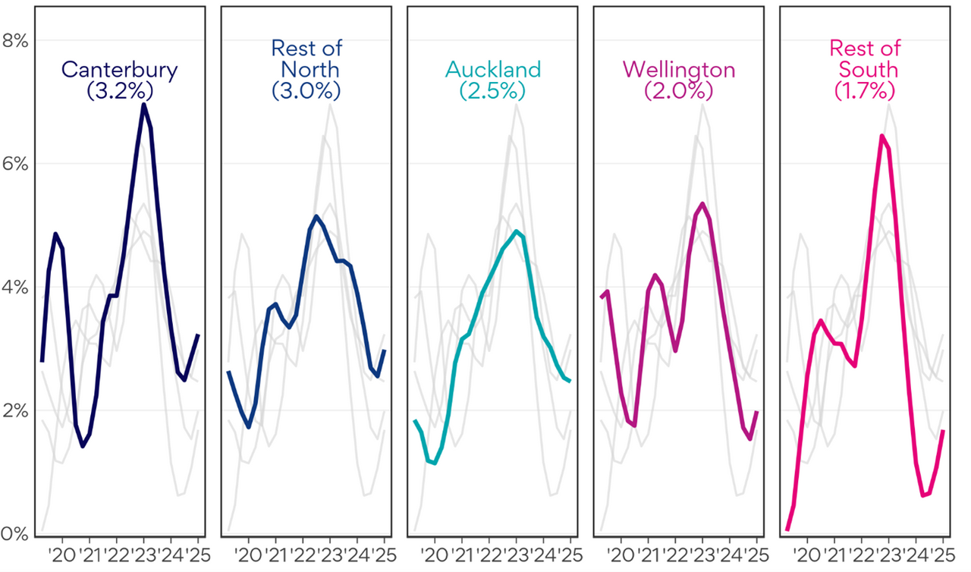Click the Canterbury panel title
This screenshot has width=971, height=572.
[x=120, y=70]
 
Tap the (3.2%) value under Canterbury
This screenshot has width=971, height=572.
[x=120, y=90]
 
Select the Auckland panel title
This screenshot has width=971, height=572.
[x=493, y=70]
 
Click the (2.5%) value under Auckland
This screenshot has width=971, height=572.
[x=493, y=90]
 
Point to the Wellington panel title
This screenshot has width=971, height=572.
[x=679, y=70]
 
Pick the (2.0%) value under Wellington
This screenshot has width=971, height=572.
[x=679, y=90]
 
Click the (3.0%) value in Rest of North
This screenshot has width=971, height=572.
[x=306, y=90]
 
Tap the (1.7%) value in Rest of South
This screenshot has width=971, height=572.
[x=866, y=90]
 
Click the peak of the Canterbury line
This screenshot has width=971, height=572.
[x=143, y=105]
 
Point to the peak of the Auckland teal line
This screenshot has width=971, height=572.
[x=516, y=231]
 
